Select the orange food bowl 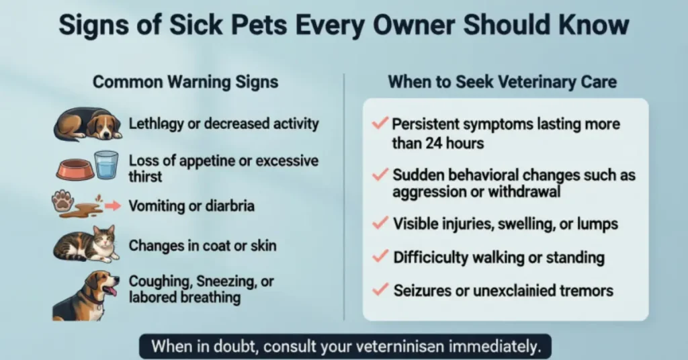[75, 170]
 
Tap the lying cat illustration [86, 244]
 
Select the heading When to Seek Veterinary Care [502, 83]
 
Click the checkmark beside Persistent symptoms [380, 124]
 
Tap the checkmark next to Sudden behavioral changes [380, 174]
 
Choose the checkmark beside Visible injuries [380, 222]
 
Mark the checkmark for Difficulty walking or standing [380, 256]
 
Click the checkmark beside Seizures [380, 289]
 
